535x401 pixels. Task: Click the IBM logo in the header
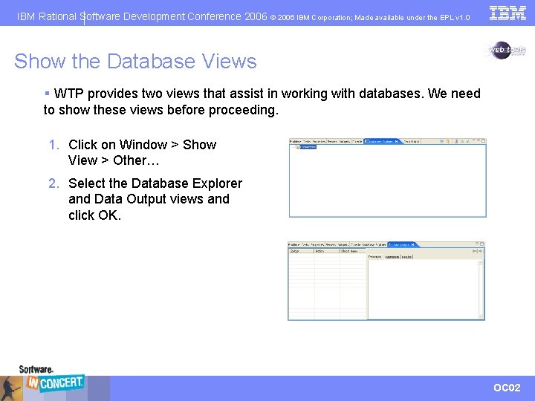[x=508, y=13]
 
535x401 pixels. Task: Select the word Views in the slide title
[x=230, y=61]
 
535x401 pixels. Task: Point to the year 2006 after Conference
[x=256, y=16]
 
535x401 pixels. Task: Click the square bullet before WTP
[x=47, y=94]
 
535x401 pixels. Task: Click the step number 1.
[x=53, y=145]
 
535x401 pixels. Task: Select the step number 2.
[x=53, y=183]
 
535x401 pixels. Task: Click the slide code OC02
[x=507, y=388]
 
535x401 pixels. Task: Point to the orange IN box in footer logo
[x=32, y=383]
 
